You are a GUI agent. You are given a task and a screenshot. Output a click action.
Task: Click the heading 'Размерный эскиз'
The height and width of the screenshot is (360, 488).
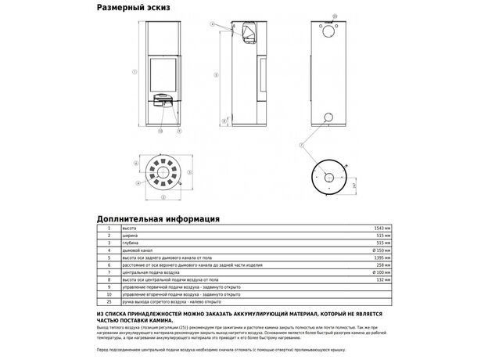tap(133, 8)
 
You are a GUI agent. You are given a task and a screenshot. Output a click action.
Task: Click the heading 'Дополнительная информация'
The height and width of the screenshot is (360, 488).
tap(158, 219)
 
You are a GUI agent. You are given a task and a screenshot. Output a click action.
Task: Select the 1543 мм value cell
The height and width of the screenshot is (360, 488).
tap(382, 227)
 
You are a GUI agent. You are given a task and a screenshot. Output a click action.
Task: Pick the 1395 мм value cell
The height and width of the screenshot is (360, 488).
tap(382, 257)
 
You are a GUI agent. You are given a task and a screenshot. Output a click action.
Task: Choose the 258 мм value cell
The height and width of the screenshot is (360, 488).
tap(383, 265)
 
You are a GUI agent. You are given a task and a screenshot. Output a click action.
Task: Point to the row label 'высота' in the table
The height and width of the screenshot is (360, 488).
tap(118, 227)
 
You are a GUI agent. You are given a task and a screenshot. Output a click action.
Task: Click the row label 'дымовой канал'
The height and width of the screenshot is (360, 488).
tap(124, 250)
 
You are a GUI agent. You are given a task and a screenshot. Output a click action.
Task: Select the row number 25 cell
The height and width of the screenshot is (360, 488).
tap(109, 301)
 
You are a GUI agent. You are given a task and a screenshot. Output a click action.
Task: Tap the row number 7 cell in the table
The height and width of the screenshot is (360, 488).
tap(109, 272)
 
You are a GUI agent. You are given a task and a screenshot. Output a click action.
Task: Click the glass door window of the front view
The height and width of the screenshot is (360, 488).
tap(164, 74)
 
